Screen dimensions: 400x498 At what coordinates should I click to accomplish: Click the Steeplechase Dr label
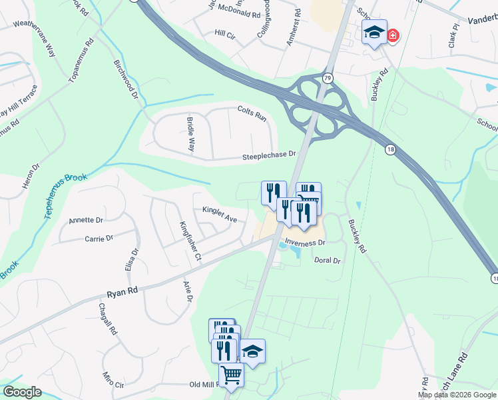269,154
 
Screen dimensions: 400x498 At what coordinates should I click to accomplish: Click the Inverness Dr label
304,243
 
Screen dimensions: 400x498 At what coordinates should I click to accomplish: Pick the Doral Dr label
327,261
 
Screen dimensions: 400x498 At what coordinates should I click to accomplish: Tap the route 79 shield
327,79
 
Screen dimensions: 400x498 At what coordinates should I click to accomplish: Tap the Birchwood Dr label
125,79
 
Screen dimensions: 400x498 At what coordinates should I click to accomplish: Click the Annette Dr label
86,220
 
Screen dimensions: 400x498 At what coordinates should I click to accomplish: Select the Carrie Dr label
99,237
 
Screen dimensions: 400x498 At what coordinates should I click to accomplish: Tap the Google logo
22,392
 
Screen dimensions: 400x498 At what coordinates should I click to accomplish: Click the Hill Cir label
226,32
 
